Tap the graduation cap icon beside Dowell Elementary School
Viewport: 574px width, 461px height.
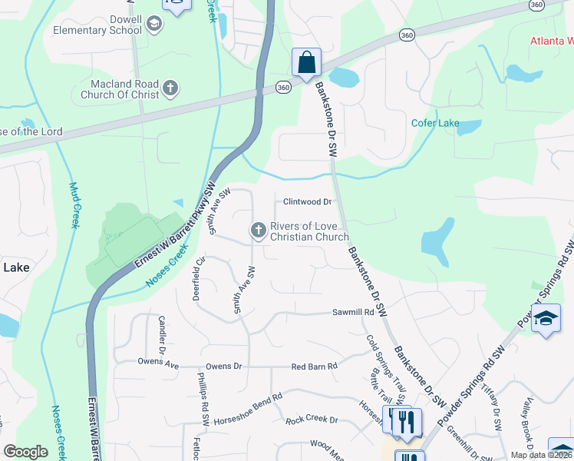(154, 25)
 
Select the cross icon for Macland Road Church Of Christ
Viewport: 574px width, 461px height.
(170, 90)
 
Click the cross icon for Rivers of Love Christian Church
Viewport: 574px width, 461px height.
(259, 230)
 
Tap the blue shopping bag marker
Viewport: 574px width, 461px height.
(306, 63)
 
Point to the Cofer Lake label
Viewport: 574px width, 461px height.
(435, 123)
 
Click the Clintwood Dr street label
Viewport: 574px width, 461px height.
(307, 202)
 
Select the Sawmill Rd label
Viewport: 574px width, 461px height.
(352, 313)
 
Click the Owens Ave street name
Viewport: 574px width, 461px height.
(157, 361)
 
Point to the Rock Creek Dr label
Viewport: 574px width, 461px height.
(312, 420)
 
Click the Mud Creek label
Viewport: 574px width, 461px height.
(74, 204)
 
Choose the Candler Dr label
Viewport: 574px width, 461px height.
(162, 330)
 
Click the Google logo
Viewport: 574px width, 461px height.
(25, 452)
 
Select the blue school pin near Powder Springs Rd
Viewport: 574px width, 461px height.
(546, 319)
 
